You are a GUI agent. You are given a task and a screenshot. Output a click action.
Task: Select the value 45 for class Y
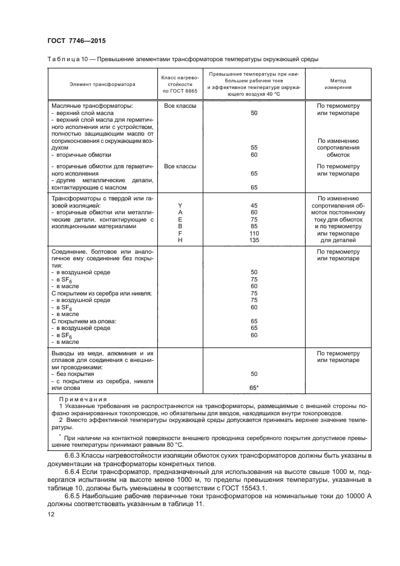pos(254,205)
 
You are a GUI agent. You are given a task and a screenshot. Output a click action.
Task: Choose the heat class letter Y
pos(179,205)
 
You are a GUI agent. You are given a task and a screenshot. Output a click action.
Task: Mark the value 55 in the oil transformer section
pos(254,147)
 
